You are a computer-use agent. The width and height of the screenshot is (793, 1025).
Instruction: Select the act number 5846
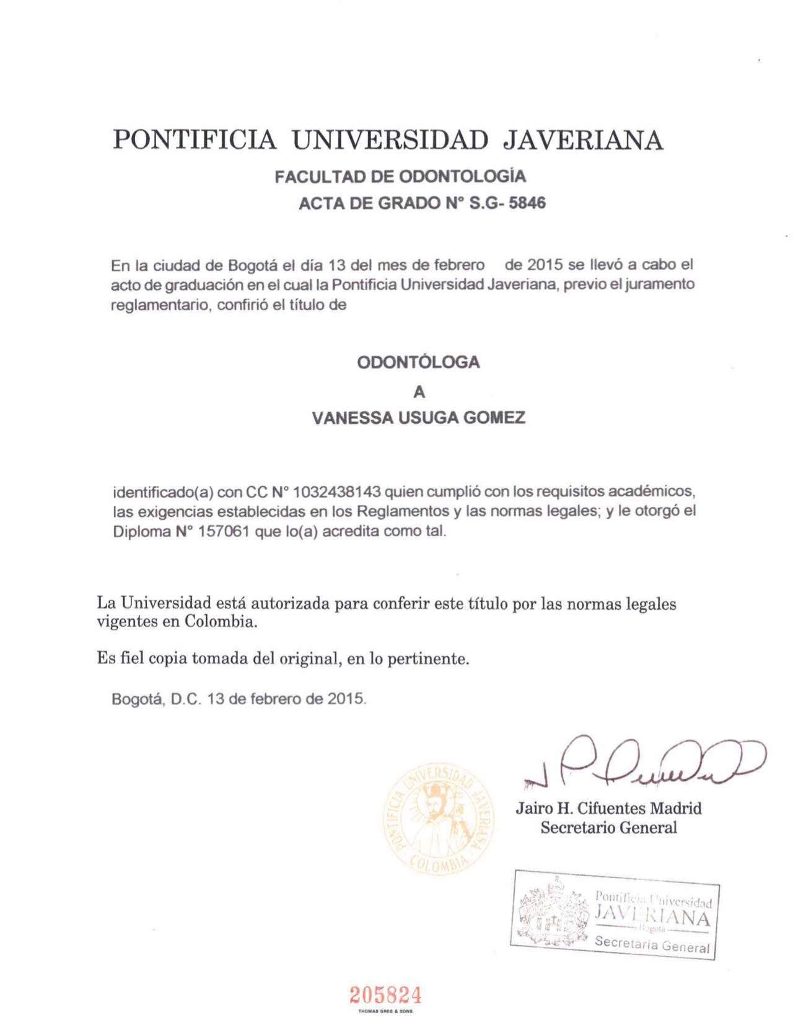tap(527, 203)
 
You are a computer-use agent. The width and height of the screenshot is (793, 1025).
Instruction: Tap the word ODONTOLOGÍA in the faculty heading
tap(462, 177)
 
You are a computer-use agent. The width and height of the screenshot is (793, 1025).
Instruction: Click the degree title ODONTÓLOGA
tap(418, 363)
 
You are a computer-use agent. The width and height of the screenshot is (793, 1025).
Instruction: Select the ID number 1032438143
tap(336, 492)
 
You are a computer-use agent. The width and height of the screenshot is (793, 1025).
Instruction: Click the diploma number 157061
tap(224, 532)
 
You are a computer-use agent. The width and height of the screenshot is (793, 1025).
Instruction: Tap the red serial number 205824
tap(385, 995)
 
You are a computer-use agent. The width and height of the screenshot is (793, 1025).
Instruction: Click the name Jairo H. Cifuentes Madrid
tap(608, 808)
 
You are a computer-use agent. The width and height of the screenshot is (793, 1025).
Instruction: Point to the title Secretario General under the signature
tap(608, 827)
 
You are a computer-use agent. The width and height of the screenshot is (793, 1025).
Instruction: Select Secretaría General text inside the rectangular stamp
tap(652, 944)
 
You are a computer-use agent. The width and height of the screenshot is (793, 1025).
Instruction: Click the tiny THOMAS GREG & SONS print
tap(385, 1011)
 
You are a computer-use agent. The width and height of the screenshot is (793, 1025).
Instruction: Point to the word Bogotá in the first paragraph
tap(253, 265)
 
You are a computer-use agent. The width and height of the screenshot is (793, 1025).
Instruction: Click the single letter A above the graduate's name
tap(419, 392)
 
